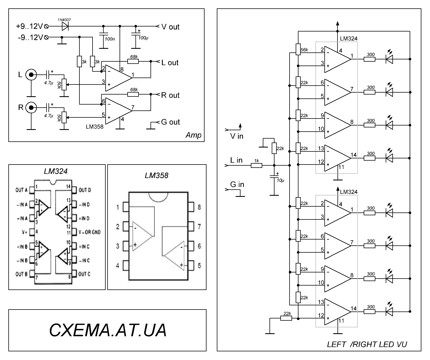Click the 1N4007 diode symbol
pyautogui.click(x=65, y=26)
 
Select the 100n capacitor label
pyautogui.click(x=110, y=39)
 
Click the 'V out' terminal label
pyautogui.click(x=170, y=27)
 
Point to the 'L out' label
pyautogui.click(x=170, y=63)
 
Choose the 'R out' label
pyautogui.click(x=170, y=95)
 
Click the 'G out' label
pyautogui.click(x=170, y=122)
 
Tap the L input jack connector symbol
pyautogui.click(x=31, y=75)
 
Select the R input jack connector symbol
pyautogui.click(x=31, y=107)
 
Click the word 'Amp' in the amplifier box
pyautogui.click(x=193, y=136)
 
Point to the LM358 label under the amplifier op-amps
pyautogui.click(x=94, y=127)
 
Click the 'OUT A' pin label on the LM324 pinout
pyautogui.click(x=21, y=190)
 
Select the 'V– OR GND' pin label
pyautogui.click(x=89, y=232)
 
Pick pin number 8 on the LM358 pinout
pyautogui.click(x=199, y=207)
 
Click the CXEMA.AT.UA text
pyautogui.click(x=108, y=330)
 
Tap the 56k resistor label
pyautogui.click(x=304, y=50)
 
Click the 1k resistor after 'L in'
pyautogui.click(x=256, y=165)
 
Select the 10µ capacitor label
pyautogui.click(x=281, y=180)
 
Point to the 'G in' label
pyautogui.click(x=237, y=185)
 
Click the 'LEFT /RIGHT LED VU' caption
pyautogui.click(x=367, y=344)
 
